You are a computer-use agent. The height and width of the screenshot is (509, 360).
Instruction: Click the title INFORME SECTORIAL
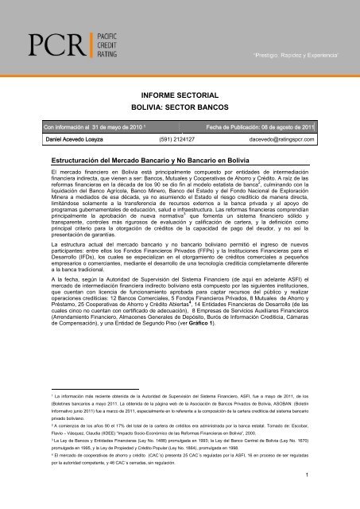[x=180, y=92]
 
